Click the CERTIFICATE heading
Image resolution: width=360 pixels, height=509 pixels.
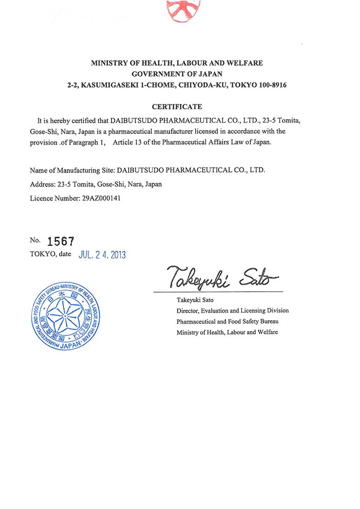coord(177,107)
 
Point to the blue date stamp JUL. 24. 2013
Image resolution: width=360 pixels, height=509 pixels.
coord(102,254)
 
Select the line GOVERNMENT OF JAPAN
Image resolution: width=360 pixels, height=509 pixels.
coord(177,74)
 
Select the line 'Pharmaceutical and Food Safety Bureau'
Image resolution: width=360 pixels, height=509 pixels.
coord(227,322)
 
